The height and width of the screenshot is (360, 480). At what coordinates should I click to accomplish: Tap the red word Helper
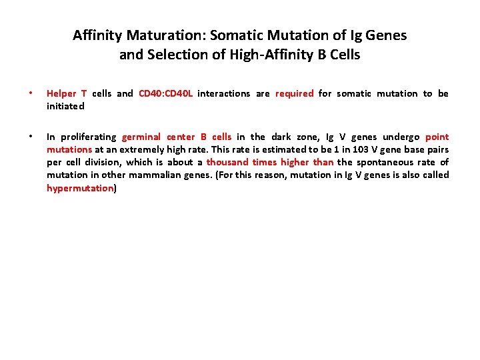pos(61,93)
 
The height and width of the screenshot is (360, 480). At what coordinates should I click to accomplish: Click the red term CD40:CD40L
pos(166,93)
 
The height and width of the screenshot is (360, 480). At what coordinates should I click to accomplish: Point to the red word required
pos(294,93)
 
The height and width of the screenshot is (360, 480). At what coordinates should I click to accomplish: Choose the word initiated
pos(65,106)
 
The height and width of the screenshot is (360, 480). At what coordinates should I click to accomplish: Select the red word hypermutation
pos(80,188)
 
